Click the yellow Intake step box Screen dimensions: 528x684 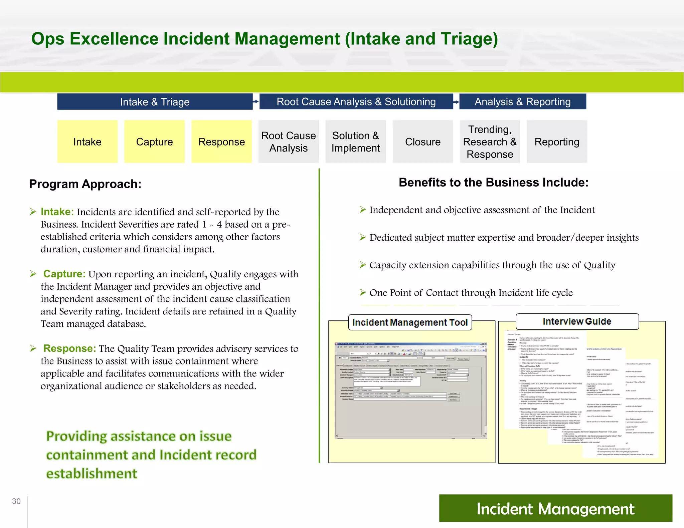click(87, 142)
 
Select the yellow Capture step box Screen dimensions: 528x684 click(154, 142)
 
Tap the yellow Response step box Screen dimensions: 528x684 click(221, 142)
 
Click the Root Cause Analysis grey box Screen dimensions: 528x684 click(289, 142)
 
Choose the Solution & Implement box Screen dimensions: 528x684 click(355, 142)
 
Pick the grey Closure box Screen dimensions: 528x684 click(422, 142)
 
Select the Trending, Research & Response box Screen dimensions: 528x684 click(490, 142)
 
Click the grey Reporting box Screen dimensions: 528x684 click(557, 142)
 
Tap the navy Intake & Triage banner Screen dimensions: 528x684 click(155, 101)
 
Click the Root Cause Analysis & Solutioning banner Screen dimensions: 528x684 click(356, 101)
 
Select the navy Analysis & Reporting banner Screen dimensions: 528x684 click(523, 101)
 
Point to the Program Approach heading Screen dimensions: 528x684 click(85, 184)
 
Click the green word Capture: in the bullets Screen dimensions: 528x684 click(64, 274)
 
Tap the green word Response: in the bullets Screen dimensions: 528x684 click(69, 348)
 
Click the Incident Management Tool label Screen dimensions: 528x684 click(410, 322)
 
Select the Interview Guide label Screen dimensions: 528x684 click(577, 321)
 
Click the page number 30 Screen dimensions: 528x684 click(16, 501)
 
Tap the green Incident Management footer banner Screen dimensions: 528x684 click(555, 508)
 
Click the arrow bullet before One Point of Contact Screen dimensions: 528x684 click(363, 293)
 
